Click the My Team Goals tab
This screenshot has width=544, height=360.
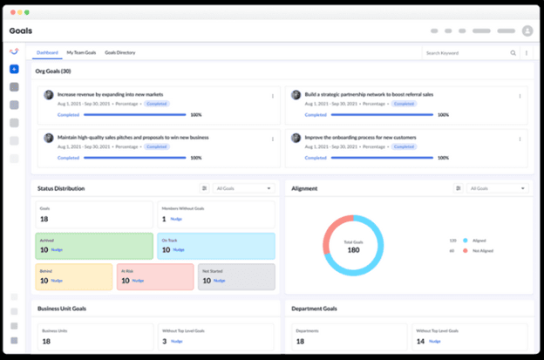pos(83,52)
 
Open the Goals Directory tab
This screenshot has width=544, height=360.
pos(119,52)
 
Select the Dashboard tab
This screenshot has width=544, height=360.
pos(47,52)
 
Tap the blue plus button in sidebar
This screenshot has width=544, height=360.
pos(15,69)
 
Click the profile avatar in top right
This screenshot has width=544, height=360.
pos(527,31)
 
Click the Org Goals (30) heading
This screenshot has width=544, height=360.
pos(53,71)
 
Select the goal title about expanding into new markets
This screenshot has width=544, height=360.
pos(110,94)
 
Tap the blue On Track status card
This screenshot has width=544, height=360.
pos(215,245)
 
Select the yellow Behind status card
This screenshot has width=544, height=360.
pos(74,276)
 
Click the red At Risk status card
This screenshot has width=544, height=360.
pos(154,276)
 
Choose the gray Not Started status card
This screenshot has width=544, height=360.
pos(235,276)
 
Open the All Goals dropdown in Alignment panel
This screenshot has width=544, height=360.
pos(498,188)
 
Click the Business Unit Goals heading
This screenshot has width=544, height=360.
pos(62,308)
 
